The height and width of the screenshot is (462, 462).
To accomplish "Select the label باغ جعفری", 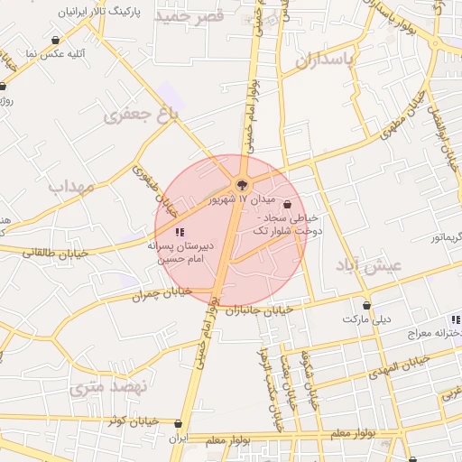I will click(x=142, y=115).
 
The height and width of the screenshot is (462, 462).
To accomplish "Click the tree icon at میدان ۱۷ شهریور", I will click(x=241, y=185).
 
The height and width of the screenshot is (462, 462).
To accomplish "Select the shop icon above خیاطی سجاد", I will click(x=288, y=203).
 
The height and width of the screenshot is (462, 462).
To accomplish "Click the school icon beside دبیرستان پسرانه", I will click(x=180, y=232).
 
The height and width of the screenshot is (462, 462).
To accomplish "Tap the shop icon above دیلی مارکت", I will click(x=366, y=305).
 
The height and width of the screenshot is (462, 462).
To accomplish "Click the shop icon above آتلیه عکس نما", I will click(x=57, y=40).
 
